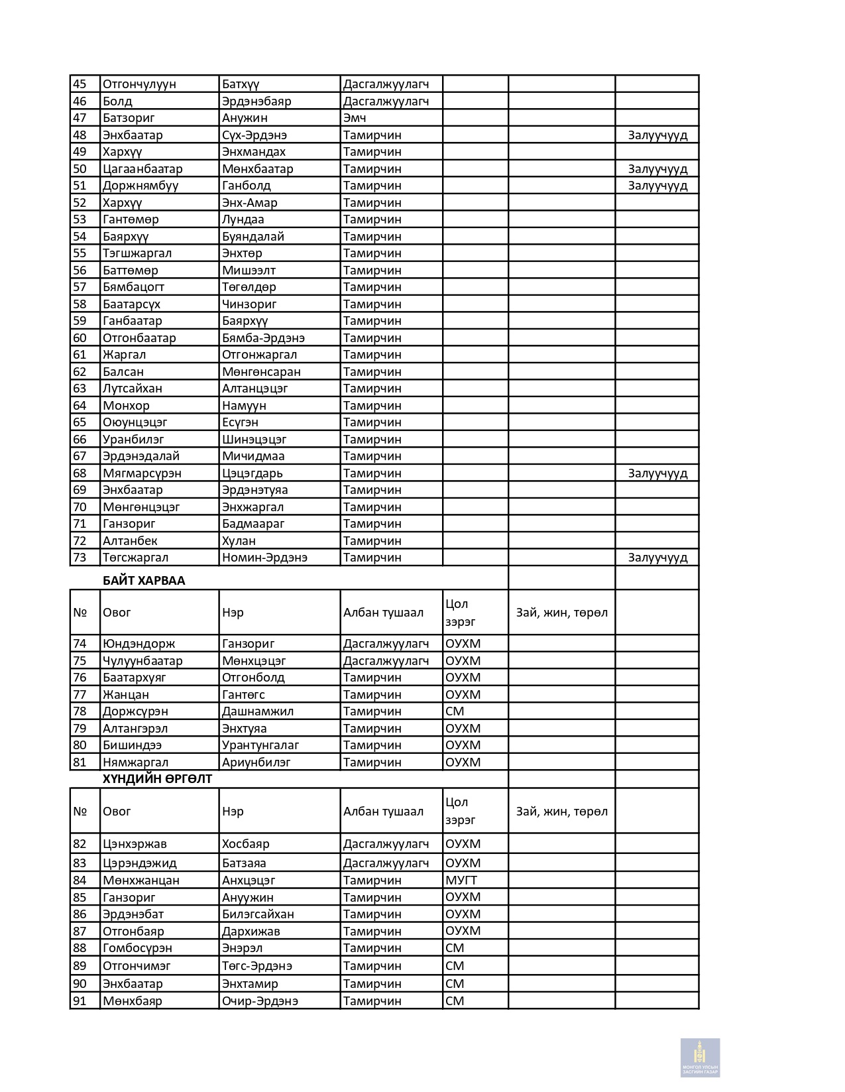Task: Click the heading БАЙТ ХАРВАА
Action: (144, 581)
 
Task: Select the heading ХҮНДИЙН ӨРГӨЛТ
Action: (157, 779)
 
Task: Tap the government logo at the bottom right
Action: (700, 1058)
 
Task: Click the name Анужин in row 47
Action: (245, 118)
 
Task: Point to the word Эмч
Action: (355, 118)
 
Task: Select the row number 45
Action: (80, 84)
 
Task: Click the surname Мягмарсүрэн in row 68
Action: (142, 473)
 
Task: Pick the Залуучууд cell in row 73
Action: (657, 558)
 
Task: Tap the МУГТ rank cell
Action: (461, 880)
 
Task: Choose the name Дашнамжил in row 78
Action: (258, 711)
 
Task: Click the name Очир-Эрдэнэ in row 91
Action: (260, 1001)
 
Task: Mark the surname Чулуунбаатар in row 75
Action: (142, 661)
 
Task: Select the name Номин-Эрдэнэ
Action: (264, 558)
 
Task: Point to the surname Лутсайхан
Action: (133, 389)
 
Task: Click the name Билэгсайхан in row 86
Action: (258, 914)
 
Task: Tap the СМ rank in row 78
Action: (455, 711)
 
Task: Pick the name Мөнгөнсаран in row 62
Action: (261, 372)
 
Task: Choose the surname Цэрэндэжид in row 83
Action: (140, 863)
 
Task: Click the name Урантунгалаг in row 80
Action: (260, 745)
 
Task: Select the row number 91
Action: (80, 1001)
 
